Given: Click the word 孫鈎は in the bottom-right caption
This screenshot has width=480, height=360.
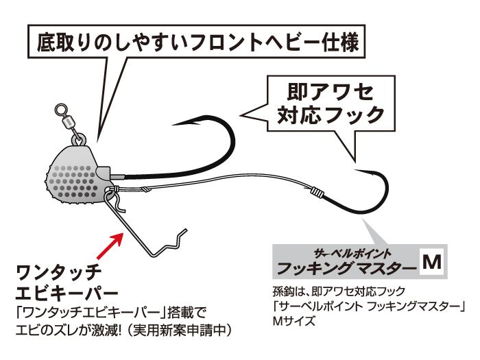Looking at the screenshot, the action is coord(289,291).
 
